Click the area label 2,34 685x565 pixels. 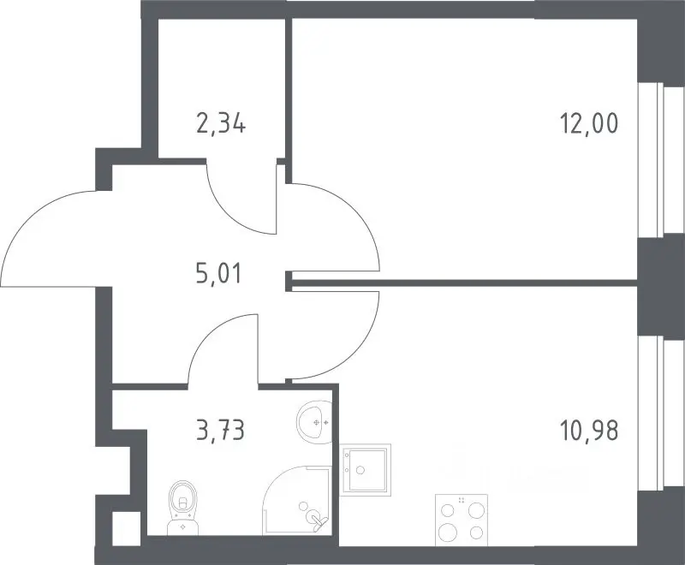point(221,123)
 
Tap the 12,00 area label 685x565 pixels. point(588,123)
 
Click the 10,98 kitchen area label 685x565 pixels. point(588,431)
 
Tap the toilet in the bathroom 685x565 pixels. point(182,508)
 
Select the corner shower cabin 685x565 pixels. point(296,500)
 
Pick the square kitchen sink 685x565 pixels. point(366,470)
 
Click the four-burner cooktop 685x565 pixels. point(462,520)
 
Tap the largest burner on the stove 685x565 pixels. point(448,532)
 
